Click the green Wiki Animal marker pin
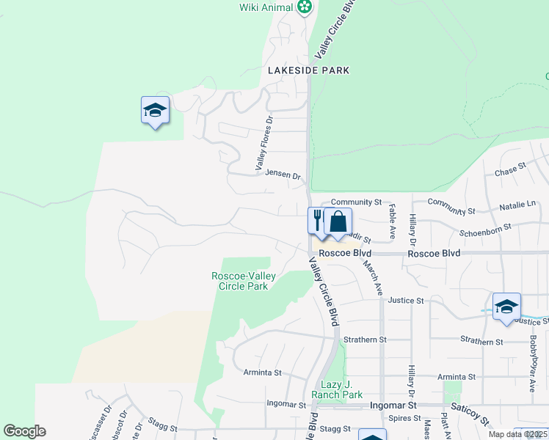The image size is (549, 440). coord(305,7)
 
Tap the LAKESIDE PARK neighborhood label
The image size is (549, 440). coord(308,70)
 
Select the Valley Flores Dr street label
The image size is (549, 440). coord(264,144)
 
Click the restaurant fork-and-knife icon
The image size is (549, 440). coord(318,219)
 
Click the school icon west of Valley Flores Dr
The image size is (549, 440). coord(155,110)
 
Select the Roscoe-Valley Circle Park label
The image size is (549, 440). coord(240,281)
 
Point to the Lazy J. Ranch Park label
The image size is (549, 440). coord(338,389)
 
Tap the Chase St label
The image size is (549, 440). coord(511,171)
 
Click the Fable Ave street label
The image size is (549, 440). coord(392,217)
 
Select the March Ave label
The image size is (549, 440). coord(374,279)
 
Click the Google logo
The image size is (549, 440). coord(24,431)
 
